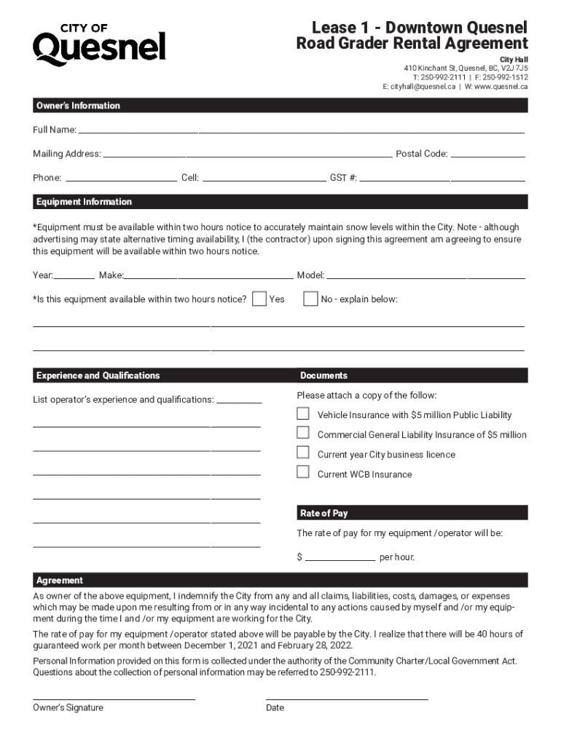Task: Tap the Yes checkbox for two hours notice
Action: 259,299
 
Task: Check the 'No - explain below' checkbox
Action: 310,299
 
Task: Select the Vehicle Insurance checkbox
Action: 303,414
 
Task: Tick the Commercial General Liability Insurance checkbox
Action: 303,433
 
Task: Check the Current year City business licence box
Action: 303,453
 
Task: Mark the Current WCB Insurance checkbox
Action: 303,472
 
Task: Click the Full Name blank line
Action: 300,130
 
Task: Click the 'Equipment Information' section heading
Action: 85,202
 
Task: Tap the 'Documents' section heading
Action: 324,376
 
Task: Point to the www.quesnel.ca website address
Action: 501,86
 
